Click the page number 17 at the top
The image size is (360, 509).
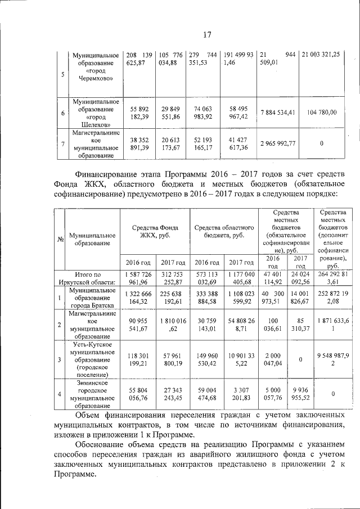pyautogui.click(x=206, y=35)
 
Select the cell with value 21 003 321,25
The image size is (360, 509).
pyautogui.click(x=321, y=55)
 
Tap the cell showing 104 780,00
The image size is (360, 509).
pyautogui.click(x=322, y=112)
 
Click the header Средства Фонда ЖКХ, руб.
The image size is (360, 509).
pyautogui.click(x=155, y=231)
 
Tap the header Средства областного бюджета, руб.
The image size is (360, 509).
pyautogui.click(x=223, y=231)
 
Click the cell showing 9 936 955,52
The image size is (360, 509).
pyautogui.click(x=300, y=394)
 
